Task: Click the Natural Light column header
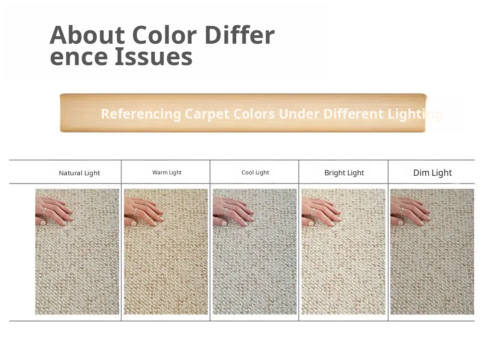click(x=79, y=173)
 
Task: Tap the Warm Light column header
click(x=167, y=172)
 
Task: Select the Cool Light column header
click(x=255, y=172)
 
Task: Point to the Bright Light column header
click(x=344, y=173)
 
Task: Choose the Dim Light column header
click(x=432, y=173)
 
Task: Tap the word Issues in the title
click(x=153, y=57)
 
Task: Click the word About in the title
click(x=87, y=35)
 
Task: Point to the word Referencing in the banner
click(x=141, y=114)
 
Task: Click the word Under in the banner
click(x=300, y=114)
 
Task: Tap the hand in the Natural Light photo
click(x=53, y=211)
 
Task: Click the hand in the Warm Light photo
click(x=143, y=211)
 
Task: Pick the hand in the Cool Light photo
click(x=232, y=211)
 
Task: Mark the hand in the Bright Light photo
click(x=321, y=211)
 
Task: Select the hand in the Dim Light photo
click(x=410, y=211)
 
